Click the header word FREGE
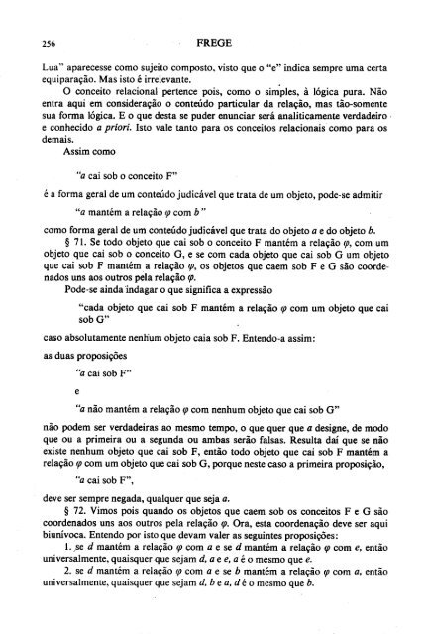pos(213,43)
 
